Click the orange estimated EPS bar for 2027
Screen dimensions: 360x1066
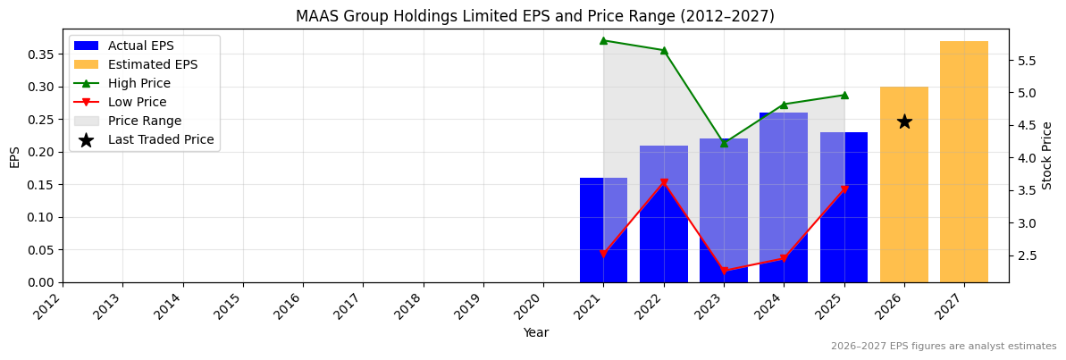963,162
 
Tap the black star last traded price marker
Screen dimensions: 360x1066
904,121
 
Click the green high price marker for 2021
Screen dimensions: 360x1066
603,40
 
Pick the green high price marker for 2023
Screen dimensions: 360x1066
724,142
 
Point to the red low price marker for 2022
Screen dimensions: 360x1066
664,183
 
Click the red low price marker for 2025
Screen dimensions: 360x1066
844,189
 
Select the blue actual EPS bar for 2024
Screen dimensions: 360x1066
784,197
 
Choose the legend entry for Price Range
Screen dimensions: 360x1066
144,121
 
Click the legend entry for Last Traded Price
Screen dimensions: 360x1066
160,139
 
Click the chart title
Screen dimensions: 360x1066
534,16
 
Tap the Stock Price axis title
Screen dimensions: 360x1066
1047,155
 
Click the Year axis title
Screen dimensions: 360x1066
535,332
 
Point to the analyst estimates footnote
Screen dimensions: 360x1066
943,347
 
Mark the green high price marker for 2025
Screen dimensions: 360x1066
844,95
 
